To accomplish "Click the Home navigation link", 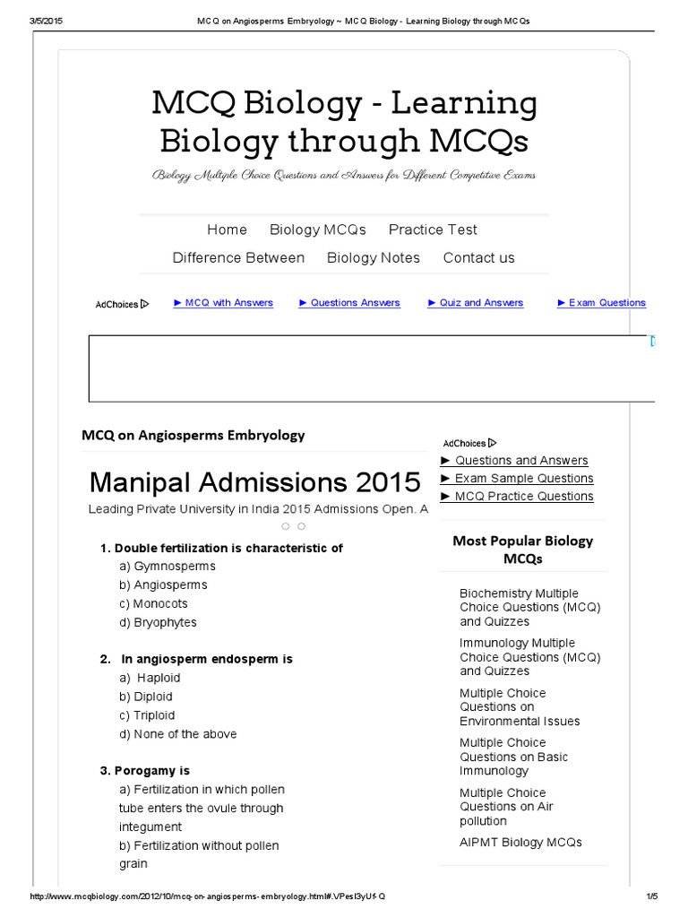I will click(x=227, y=229).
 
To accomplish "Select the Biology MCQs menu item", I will click(x=318, y=229).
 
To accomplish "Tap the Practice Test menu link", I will click(x=433, y=229).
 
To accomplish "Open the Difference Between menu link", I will click(x=238, y=257).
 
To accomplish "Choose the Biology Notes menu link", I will click(x=374, y=257).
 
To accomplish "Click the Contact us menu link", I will click(x=478, y=257).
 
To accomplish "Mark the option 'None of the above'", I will click(x=177, y=734).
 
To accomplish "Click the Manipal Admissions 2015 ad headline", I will click(x=254, y=482).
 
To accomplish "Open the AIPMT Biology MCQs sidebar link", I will click(x=520, y=843).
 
